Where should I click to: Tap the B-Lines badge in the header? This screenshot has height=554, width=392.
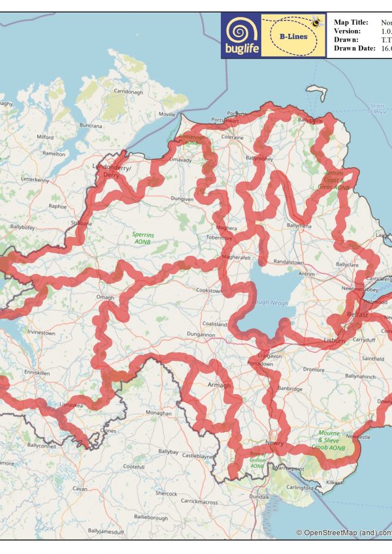tap(293, 36)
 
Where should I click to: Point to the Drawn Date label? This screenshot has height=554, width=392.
tap(353, 48)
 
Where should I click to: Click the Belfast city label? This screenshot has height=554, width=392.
tap(357, 315)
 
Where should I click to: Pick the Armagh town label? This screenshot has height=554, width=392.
tap(220, 386)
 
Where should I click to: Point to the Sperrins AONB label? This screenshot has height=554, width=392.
tap(142, 238)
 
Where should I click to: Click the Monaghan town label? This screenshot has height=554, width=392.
tap(159, 414)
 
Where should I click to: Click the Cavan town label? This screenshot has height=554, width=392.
tap(80, 488)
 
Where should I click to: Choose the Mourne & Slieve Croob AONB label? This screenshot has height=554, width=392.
tap(331, 441)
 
